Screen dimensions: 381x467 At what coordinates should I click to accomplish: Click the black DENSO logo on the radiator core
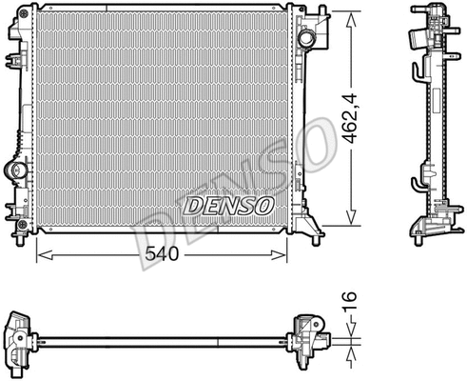tap(227, 205)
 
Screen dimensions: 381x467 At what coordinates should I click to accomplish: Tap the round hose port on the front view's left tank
tap(15, 172)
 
